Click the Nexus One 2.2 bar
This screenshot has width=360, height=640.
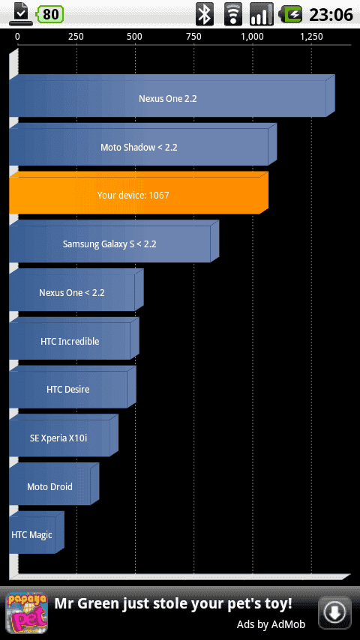[x=172, y=96]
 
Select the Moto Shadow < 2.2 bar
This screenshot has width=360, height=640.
[x=142, y=145]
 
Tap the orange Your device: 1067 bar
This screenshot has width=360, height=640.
[x=139, y=193]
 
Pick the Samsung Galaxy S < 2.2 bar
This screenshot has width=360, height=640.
[x=114, y=241]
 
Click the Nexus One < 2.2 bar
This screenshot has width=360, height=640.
[x=76, y=290]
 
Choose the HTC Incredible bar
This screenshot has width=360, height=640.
[x=74, y=339]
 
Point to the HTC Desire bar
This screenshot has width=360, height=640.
[x=72, y=387]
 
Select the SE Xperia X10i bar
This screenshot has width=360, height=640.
[x=63, y=436]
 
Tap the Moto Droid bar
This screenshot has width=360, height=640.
[x=54, y=484]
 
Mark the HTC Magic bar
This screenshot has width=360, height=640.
[x=36, y=533]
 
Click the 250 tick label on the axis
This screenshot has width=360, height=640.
[x=76, y=37]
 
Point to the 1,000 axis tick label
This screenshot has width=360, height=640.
[x=253, y=37]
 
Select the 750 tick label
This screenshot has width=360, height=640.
[x=193, y=37]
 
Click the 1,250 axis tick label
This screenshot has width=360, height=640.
[x=311, y=37]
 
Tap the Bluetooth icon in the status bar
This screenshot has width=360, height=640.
[x=205, y=14]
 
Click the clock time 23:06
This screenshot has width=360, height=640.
[x=331, y=15]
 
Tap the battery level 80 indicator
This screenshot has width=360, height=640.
[x=50, y=14]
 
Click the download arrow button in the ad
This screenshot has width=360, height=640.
[x=334, y=613]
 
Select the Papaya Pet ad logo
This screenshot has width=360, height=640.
[x=26, y=614]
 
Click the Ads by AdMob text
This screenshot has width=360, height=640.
[x=271, y=624]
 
